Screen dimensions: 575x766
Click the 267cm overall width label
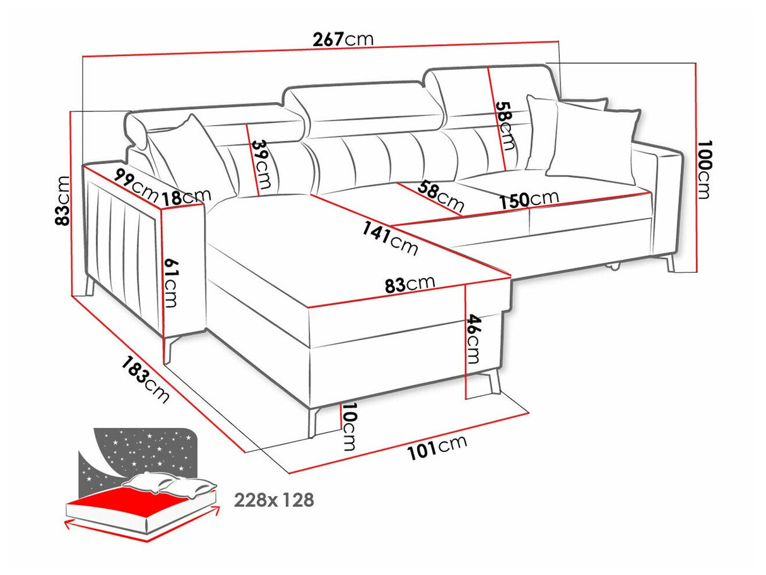[343, 39]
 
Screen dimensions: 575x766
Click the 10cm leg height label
[348, 427]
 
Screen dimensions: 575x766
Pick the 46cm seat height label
[473, 340]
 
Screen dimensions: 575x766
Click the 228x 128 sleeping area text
[274, 501]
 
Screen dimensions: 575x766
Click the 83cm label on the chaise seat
[410, 284]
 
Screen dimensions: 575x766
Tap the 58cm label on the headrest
[504, 125]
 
